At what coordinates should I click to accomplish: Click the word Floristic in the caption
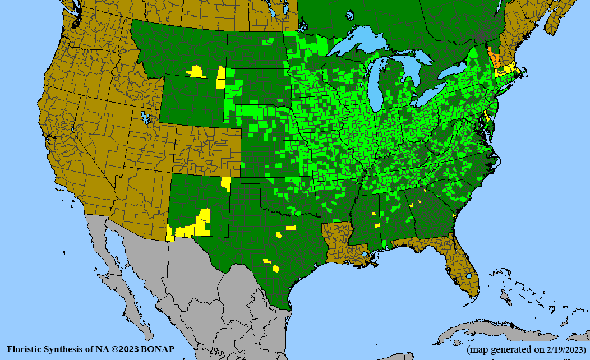click(26, 349)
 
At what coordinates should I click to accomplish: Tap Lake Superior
click(359, 46)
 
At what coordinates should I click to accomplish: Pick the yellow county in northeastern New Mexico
click(225, 183)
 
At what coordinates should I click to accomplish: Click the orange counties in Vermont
click(492, 56)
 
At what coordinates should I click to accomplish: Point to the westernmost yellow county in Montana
click(196, 71)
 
